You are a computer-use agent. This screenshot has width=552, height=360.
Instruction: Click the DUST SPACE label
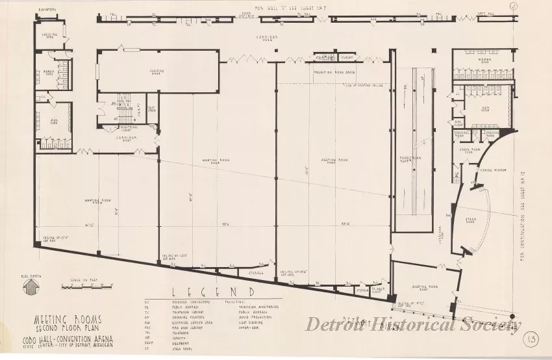[151, 109]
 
